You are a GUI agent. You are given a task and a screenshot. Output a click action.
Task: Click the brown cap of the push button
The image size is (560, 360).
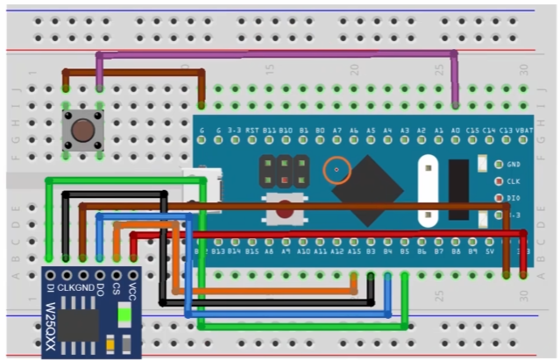tap(83, 131)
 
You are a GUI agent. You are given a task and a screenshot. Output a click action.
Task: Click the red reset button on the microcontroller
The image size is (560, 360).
tap(286, 211)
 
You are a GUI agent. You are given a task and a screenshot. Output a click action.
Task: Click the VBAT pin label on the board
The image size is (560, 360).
tap(525, 131)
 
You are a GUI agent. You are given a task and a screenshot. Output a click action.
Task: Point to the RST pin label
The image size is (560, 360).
tap(252, 131)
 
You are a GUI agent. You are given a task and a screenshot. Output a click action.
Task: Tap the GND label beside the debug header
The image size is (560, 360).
tap(514, 164)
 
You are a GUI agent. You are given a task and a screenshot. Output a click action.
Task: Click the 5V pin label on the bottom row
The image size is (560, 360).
tap(489, 251)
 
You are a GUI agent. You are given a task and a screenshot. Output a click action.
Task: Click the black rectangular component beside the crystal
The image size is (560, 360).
tap(457, 189)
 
